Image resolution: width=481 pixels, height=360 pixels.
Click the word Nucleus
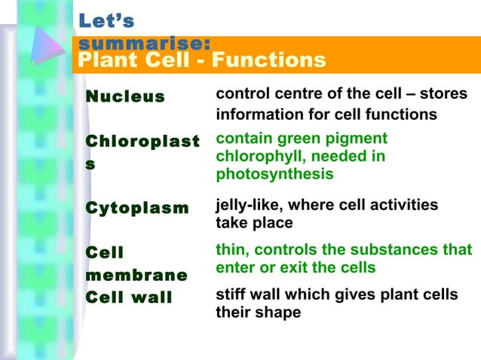(124, 96)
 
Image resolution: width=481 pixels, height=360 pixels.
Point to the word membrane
(136, 275)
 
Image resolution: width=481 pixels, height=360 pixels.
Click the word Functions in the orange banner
(272, 59)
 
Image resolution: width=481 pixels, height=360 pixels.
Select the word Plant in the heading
(105, 59)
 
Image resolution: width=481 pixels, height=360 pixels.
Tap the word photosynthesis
(274, 174)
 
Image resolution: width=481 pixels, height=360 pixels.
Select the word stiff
(231, 294)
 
